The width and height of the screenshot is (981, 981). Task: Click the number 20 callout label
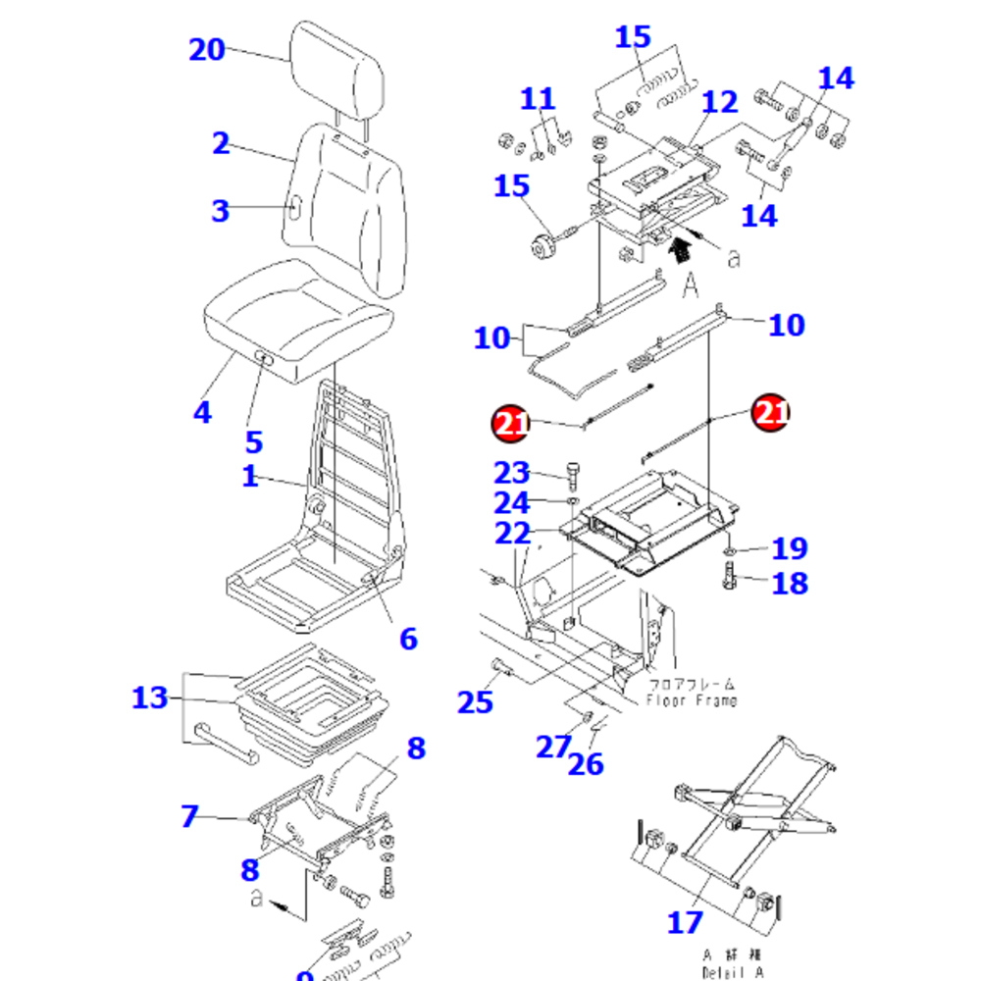point(207,49)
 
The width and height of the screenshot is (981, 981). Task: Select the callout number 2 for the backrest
point(221,143)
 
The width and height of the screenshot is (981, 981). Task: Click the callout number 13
point(150,698)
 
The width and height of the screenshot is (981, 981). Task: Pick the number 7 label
point(189,815)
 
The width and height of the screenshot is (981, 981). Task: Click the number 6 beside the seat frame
point(408,639)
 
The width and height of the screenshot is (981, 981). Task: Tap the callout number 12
point(720,101)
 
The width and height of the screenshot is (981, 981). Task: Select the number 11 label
point(538,99)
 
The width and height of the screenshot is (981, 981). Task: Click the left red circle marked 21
point(509,423)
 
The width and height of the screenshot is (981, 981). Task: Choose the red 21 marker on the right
point(770,413)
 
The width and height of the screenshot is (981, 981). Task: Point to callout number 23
point(512,473)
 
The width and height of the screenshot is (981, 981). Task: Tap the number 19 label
point(789,548)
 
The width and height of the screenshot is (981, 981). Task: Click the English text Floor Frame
point(692,700)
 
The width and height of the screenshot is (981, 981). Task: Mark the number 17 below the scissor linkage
point(685,922)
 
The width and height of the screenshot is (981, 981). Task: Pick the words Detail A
point(732,972)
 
